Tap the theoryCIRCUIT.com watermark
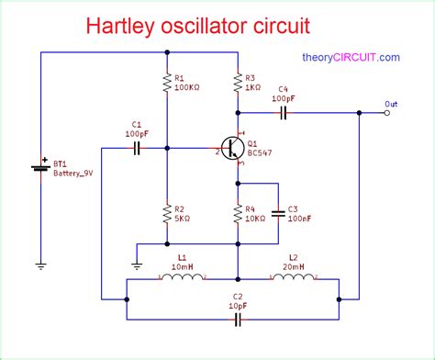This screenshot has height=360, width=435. (351, 57)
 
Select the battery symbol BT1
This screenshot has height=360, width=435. (41, 168)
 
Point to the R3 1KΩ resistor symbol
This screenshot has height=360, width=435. (238, 84)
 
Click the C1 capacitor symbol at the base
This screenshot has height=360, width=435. (138, 146)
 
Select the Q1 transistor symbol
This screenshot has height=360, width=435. (233, 147)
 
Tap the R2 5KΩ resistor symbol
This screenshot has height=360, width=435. (167, 212)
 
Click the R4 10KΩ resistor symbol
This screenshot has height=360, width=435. (238, 212)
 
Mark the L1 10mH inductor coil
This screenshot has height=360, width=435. (182, 276)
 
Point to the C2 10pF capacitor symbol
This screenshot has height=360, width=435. (238, 319)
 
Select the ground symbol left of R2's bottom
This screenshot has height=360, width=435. (136, 265)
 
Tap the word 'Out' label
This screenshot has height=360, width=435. (392, 103)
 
